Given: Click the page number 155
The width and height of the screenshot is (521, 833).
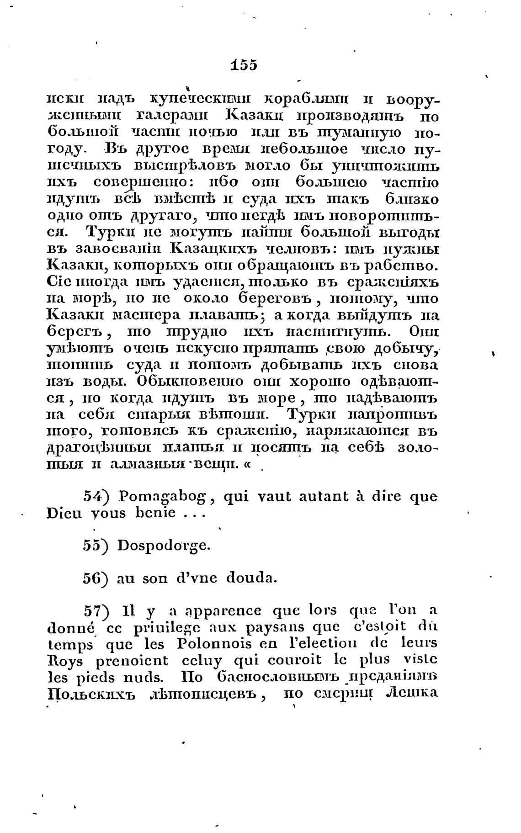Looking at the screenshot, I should coord(245,65).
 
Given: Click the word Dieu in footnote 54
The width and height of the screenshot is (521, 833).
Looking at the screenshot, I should coord(63,513).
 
